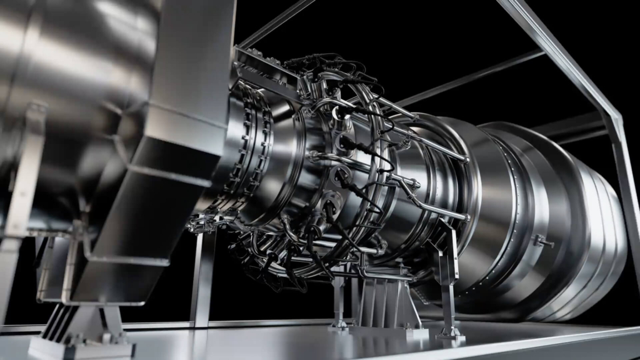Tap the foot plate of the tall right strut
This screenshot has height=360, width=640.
click(x=450, y=333)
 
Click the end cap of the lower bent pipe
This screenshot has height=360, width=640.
click(x=466, y=216)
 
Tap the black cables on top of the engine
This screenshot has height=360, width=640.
click(x=337, y=69)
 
